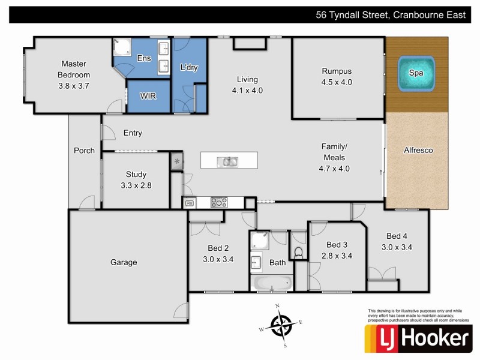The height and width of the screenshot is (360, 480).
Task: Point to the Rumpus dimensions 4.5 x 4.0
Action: pyautogui.click(x=337, y=82)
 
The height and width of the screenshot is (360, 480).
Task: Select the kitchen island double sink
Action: pyautogui.click(x=229, y=161)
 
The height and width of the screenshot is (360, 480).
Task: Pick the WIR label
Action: pyautogui.click(x=148, y=96)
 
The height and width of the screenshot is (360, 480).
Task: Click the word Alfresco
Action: pyautogui.click(x=418, y=151)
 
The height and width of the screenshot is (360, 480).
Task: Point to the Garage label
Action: pyautogui.click(x=124, y=262)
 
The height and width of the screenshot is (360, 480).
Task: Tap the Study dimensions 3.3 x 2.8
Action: pyautogui.click(x=136, y=185)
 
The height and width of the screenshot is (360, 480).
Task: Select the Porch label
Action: pyautogui.click(x=84, y=151)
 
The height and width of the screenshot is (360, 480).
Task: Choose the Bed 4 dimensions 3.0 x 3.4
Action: pyautogui.click(x=397, y=247)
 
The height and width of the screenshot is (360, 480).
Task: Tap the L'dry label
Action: pyautogui.click(x=189, y=68)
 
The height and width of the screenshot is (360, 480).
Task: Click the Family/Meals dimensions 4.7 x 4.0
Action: pyautogui.click(x=335, y=169)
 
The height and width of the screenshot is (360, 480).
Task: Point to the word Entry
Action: pyautogui.click(x=133, y=133)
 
